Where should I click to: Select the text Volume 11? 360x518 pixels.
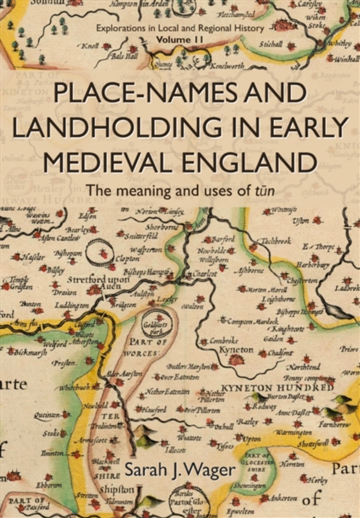(x=180, y=40)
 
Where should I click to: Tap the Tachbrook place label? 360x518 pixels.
(x=275, y=241)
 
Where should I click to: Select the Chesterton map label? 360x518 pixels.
(x=302, y=281)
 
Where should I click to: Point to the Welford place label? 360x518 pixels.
(x=55, y=344)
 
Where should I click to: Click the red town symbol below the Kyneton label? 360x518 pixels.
(x=235, y=360)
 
